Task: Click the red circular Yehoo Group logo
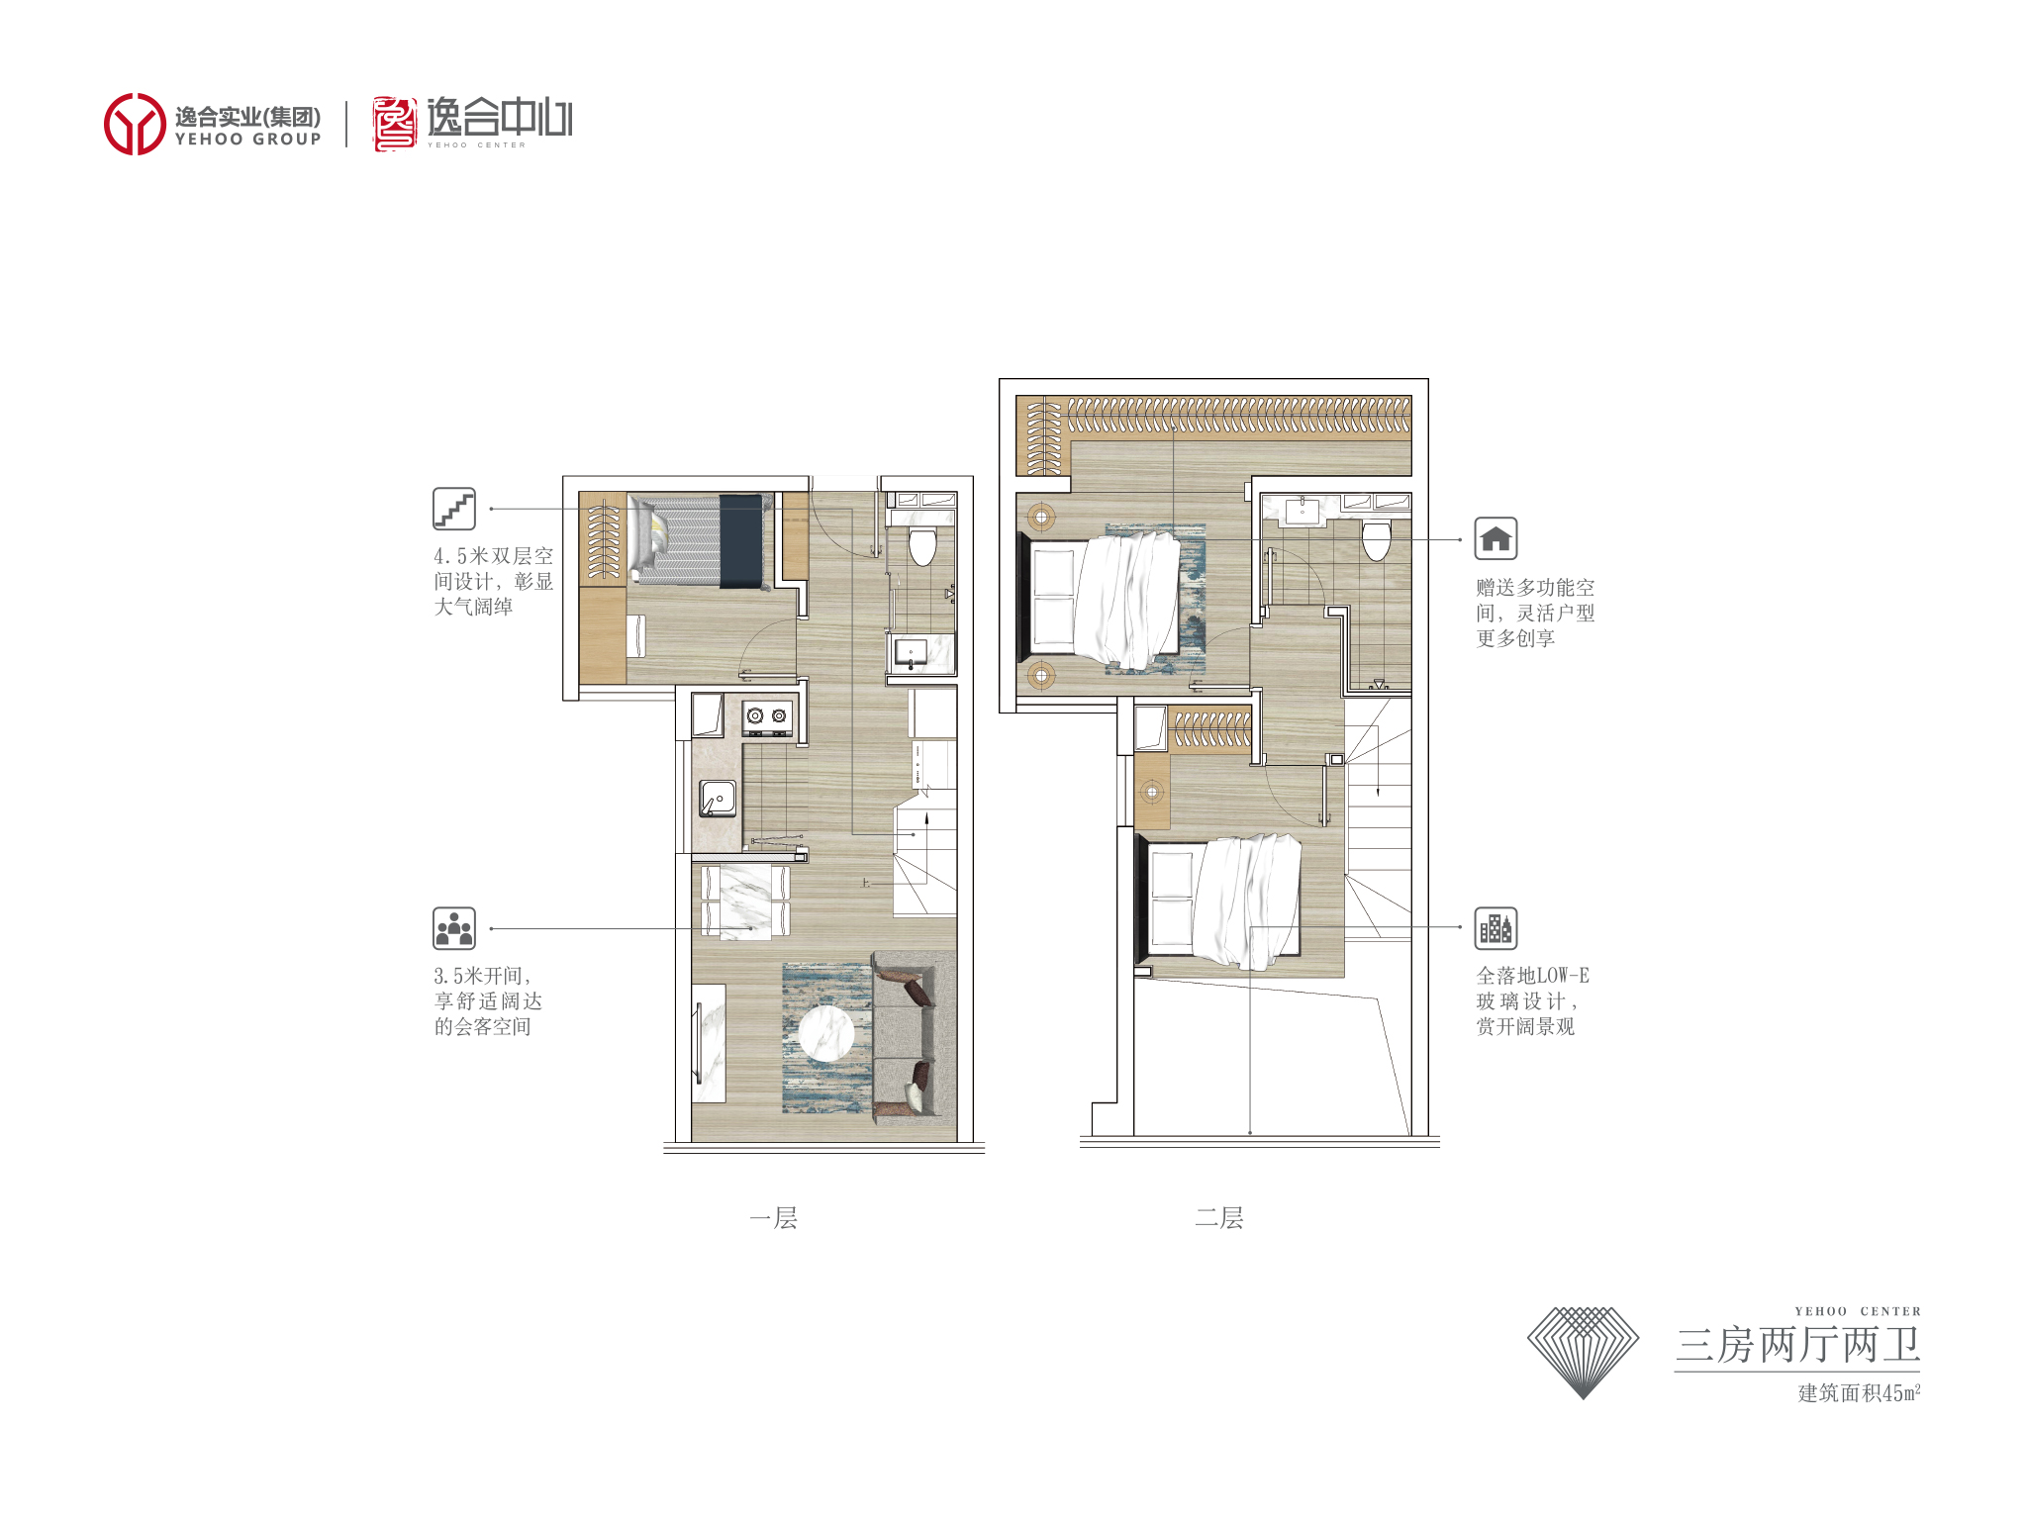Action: tap(135, 124)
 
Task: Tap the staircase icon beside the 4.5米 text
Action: tap(454, 509)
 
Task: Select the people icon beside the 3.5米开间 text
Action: tap(454, 928)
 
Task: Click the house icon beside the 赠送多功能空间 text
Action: tap(1496, 538)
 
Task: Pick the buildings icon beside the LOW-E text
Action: tap(1496, 928)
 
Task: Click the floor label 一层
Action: tap(773, 1217)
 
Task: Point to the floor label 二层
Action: tap(1218, 1217)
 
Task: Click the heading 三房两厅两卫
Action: tap(1797, 1345)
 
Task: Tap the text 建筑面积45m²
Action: tap(1859, 1392)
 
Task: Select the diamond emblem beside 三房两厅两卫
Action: tap(1584, 1352)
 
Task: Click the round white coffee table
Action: tap(826, 1034)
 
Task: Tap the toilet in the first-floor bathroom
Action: tap(921, 545)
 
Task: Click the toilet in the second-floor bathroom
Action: tap(1377, 540)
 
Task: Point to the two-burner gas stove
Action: tap(768, 718)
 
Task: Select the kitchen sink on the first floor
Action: tap(718, 798)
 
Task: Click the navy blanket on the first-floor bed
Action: tap(740, 541)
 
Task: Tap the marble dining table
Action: tap(745, 902)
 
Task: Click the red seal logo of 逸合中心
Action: tap(394, 124)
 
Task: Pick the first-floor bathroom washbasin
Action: tap(911, 652)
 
